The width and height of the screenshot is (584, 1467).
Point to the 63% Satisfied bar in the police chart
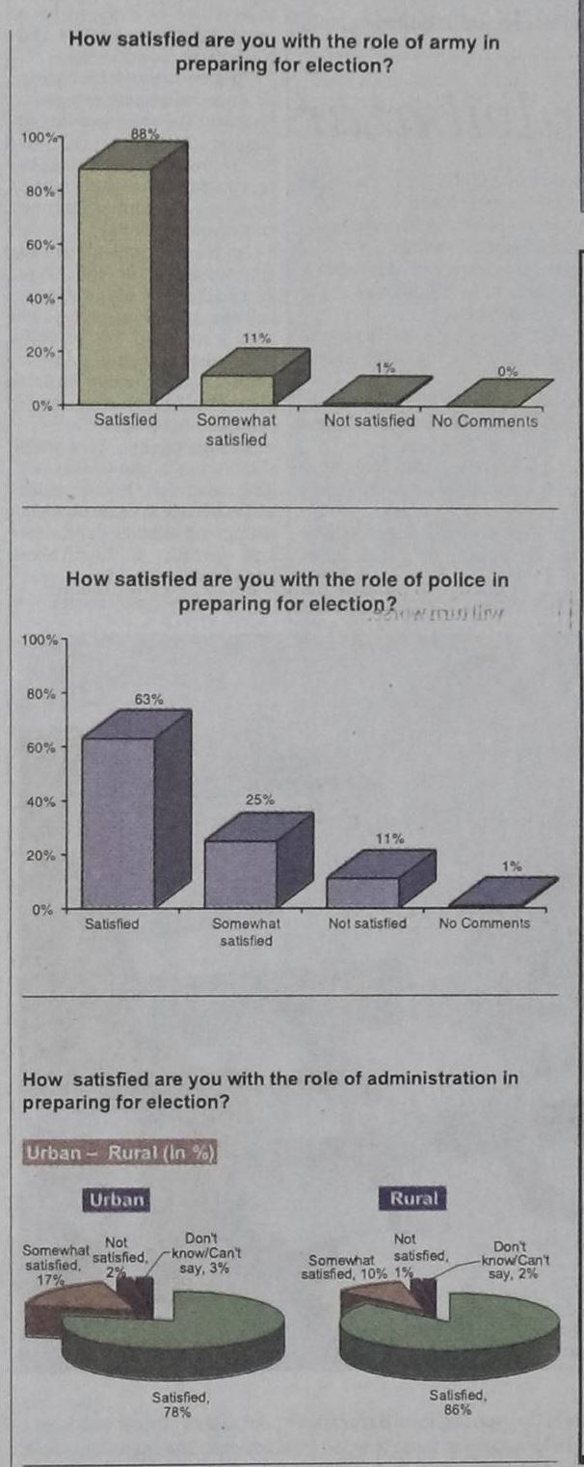[x=119, y=821]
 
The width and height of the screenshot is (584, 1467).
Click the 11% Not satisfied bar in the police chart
[x=362, y=892]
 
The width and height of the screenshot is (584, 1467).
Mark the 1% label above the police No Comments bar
[x=511, y=867]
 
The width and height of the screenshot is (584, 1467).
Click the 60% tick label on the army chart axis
[x=40, y=245]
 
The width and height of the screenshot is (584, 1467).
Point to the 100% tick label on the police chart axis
[x=40, y=640]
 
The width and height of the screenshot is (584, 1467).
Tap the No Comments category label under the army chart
[x=485, y=420]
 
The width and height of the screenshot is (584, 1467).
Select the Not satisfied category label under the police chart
[x=367, y=922]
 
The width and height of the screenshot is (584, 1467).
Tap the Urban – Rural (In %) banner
[x=120, y=1154]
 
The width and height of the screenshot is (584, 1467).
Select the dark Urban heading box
[x=117, y=1199]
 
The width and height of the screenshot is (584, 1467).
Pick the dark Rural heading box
[x=413, y=1199]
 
